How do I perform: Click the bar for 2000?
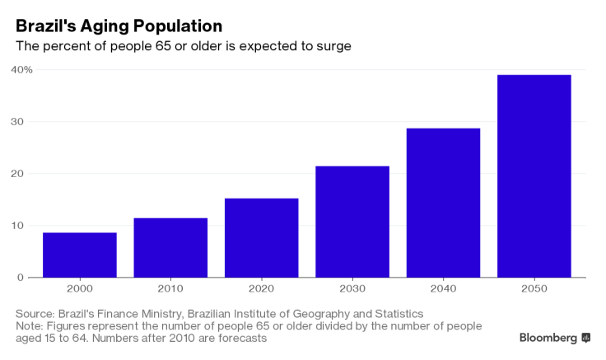tap(80, 255)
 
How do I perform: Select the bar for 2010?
tap(170, 248)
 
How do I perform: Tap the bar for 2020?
tap(261, 238)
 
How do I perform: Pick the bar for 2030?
tap(352, 222)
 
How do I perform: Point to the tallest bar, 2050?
tap(534, 176)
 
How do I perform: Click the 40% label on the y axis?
tap(21, 69)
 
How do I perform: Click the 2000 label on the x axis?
tap(80, 291)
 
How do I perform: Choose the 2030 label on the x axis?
tap(352, 291)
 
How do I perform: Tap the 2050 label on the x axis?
tap(534, 291)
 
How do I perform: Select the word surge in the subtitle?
tap(334, 46)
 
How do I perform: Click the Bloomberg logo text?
tap(548, 338)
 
